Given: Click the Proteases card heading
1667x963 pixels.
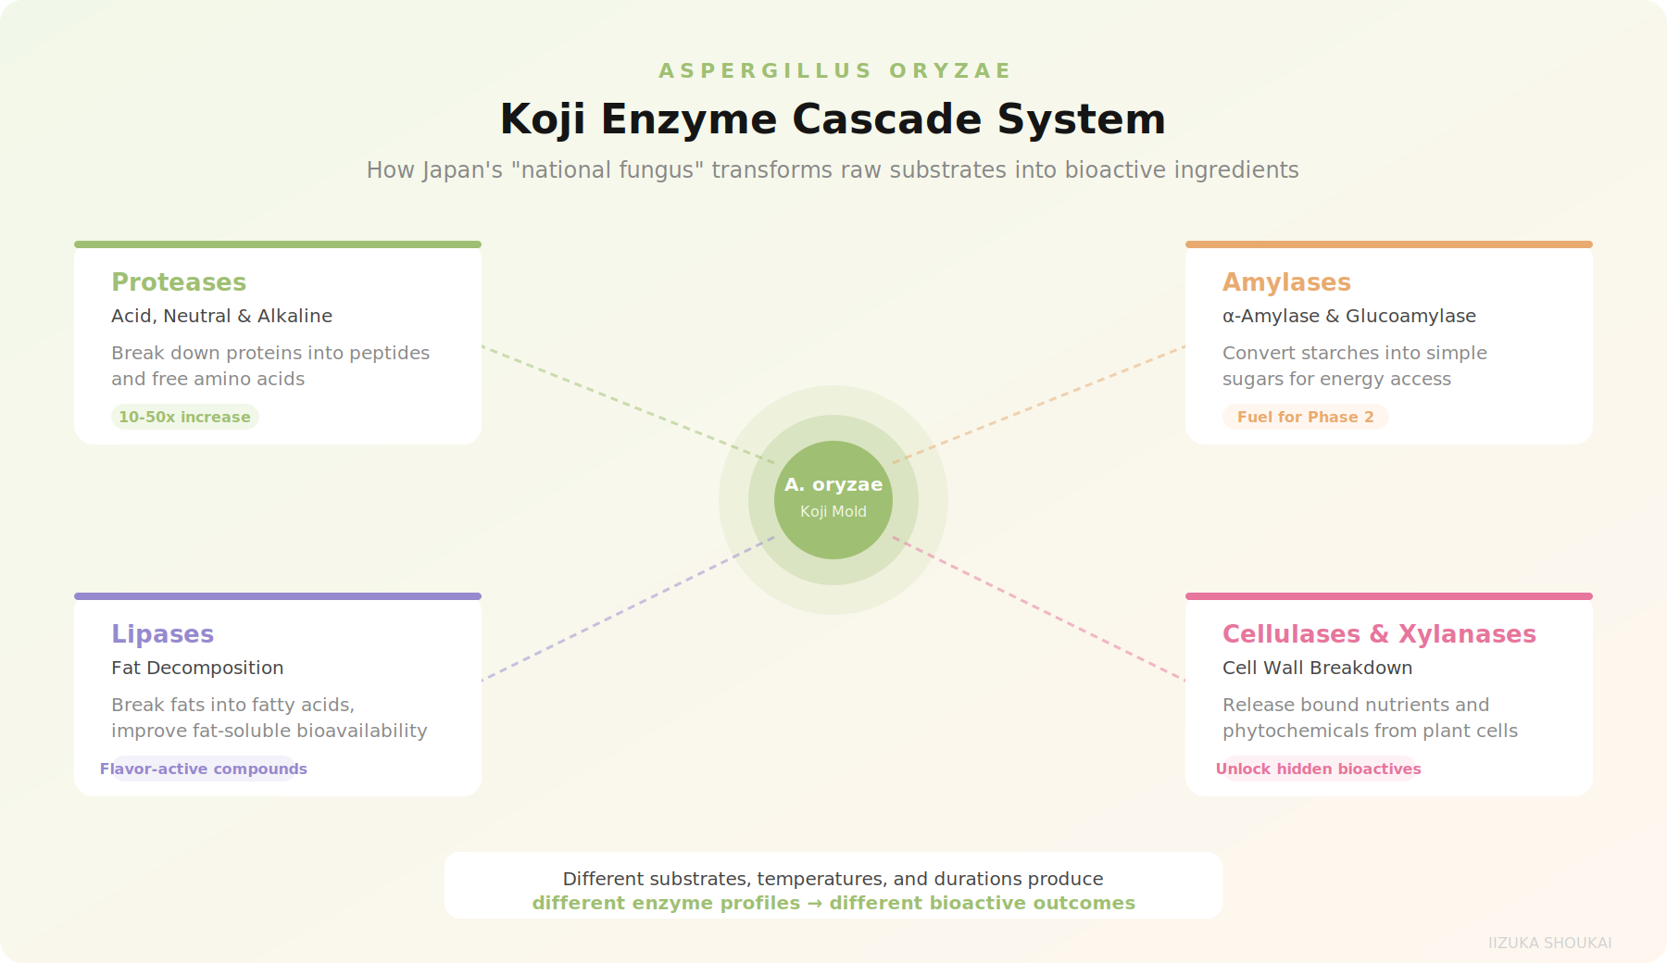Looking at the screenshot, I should click(179, 282).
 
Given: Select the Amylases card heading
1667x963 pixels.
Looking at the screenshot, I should click(1286, 282).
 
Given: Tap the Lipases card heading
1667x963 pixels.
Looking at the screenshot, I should click(162, 634).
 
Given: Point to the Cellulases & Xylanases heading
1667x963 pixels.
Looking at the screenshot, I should click(1379, 634).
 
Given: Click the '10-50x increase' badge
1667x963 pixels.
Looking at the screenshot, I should click(184, 417).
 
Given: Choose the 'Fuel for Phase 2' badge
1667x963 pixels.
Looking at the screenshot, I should click(1305, 417).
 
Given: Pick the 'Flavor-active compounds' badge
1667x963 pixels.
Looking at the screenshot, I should click(204, 769).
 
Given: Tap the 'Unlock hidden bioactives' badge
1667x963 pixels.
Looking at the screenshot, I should click(1318, 769).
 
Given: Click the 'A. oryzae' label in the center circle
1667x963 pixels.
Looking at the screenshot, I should click(833, 484).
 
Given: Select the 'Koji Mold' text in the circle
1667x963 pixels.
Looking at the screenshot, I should click(833, 511).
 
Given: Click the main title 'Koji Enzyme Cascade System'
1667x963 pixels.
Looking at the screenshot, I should click(833, 119).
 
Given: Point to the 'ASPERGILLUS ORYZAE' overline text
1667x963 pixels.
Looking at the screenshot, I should click(834, 70).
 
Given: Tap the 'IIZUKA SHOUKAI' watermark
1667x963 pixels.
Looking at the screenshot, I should click(1549, 943).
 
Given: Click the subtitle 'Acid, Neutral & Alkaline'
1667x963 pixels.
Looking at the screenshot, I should click(221, 316).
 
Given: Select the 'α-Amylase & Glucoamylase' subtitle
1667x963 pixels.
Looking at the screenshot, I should click(1348, 316).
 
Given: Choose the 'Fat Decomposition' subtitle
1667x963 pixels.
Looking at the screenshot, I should click(197, 668).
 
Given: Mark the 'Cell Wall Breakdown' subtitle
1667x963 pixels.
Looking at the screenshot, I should click(1317, 668).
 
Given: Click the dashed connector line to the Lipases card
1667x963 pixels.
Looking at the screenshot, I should click(628, 608).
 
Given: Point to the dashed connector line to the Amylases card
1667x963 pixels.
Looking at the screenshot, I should click(1039, 404).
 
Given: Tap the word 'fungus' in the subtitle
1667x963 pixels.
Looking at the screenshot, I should click(653, 170).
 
